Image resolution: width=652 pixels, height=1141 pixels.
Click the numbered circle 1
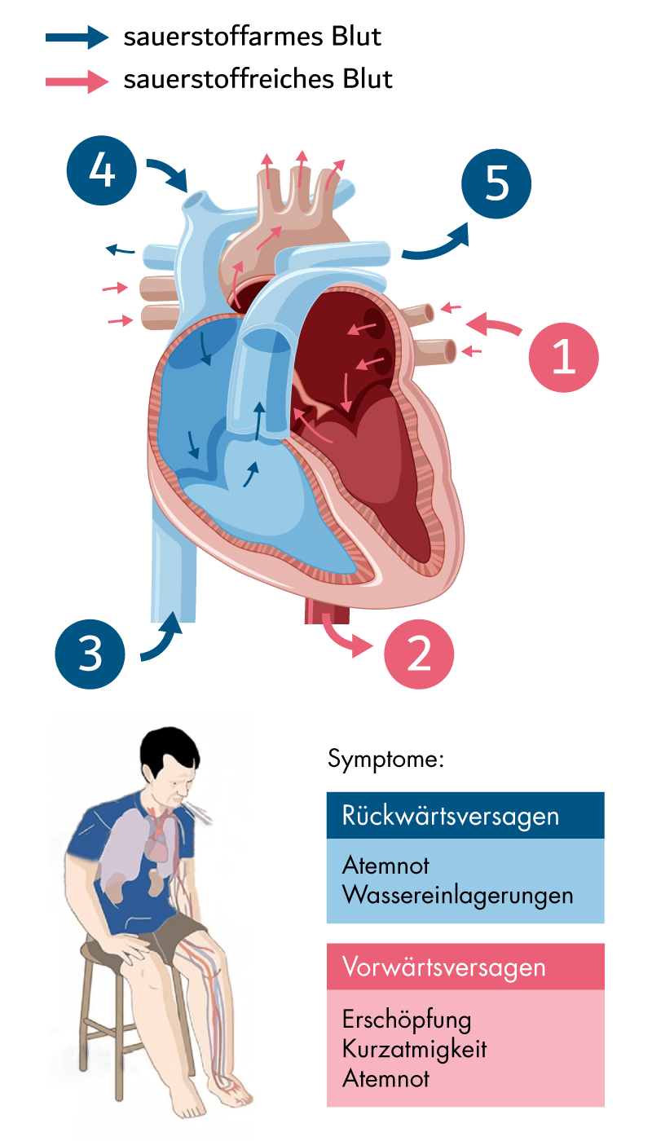click(x=564, y=357)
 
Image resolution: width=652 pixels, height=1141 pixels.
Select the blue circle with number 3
click(x=90, y=653)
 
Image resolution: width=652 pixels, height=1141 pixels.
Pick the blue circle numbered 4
click(x=101, y=172)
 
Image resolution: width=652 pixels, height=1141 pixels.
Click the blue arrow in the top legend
click(x=77, y=37)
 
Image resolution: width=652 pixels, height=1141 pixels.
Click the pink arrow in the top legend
click(x=77, y=81)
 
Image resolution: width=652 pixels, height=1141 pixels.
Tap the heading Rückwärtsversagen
click(x=452, y=815)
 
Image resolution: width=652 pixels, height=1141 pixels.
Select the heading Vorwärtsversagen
click(x=444, y=967)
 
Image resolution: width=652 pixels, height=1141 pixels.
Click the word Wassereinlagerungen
click(x=458, y=894)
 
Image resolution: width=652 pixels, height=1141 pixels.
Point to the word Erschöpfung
click(x=407, y=1020)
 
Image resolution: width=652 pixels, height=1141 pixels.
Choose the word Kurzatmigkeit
click(x=415, y=1049)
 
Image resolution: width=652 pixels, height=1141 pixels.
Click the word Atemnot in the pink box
click(x=386, y=1078)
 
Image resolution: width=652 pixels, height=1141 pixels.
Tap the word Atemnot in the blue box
click(x=386, y=865)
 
